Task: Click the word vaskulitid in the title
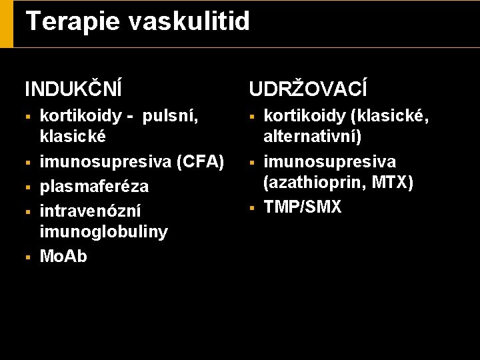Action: [189, 21]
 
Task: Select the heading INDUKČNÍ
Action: [73, 89]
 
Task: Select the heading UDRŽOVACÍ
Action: [307, 89]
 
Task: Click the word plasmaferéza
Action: [95, 186]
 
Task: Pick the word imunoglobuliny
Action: [104, 232]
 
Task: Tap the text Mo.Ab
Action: [64, 257]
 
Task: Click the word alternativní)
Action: [313, 137]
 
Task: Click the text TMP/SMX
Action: [303, 207]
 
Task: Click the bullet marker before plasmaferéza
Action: [28, 187]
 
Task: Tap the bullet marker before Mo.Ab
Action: [28, 257]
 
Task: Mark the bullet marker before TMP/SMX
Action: [252, 208]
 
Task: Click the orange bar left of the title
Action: [6, 23]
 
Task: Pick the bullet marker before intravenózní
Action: [28, 211]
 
